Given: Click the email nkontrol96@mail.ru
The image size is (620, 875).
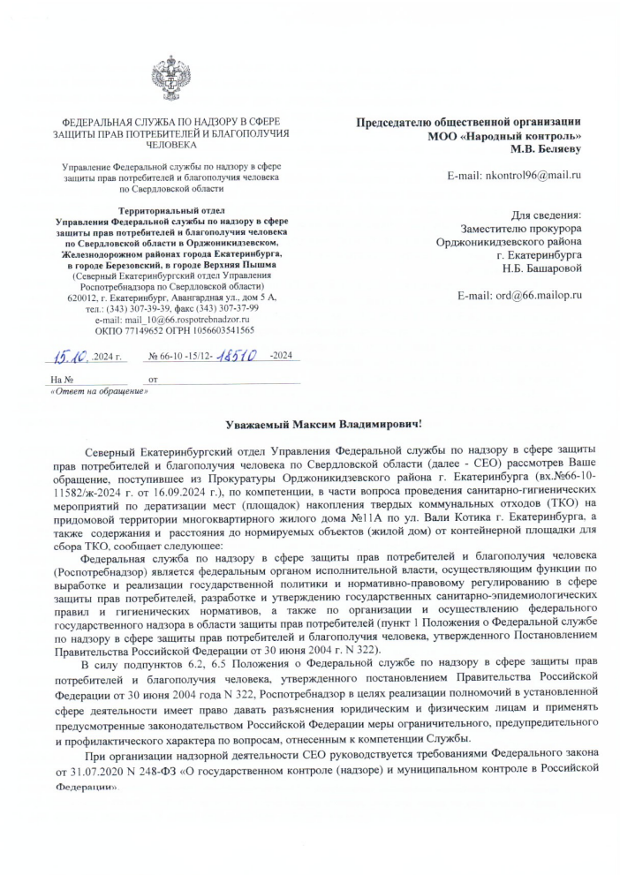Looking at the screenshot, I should pyautogui.click(x=529, y=176).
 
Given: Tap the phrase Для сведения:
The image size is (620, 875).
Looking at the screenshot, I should pyautogui.click(x=548, y=215).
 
